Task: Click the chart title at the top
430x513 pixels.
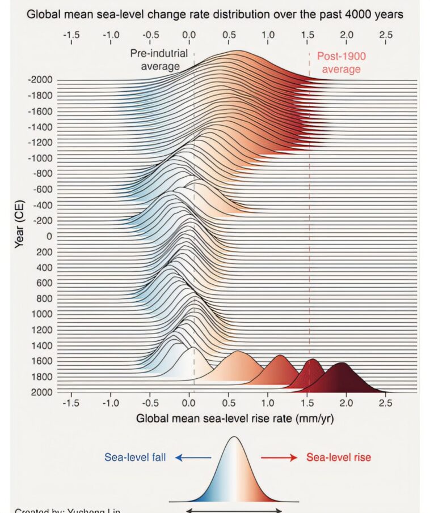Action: click(215, 15)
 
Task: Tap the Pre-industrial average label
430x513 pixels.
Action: click(155, 60)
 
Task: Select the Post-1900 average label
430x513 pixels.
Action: click(342, 63)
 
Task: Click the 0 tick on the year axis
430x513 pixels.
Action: click(49, 236)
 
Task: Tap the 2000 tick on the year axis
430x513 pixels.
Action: click(43, 392)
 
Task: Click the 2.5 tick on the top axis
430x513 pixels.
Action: click(386, 35)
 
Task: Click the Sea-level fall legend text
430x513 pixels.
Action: click(135, 457)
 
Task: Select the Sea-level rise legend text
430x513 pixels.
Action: click(339, 457)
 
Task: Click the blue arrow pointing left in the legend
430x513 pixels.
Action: click(193, 458)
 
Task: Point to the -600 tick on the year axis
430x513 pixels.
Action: click(41, 190)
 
